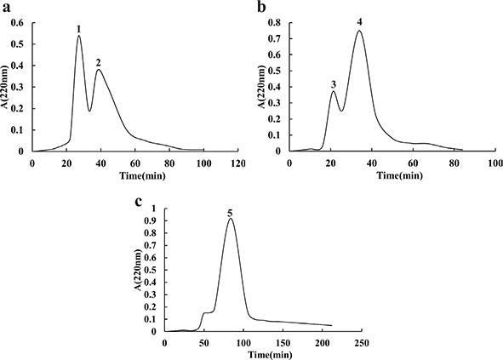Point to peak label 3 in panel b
tap(334, 84)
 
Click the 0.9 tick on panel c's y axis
tap(154, 220)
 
